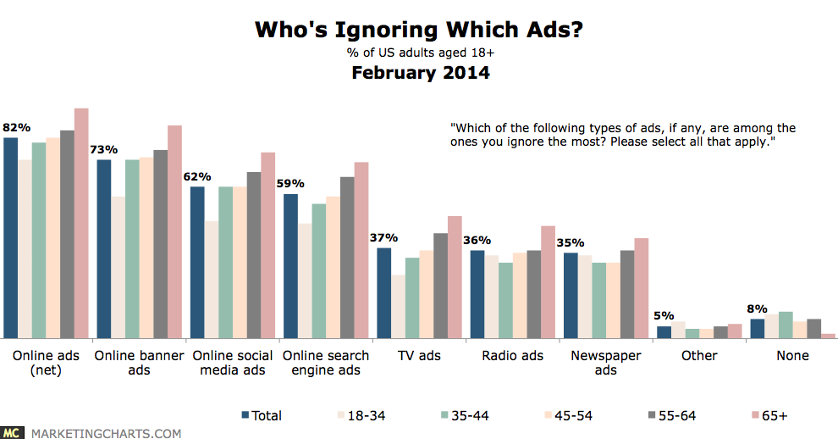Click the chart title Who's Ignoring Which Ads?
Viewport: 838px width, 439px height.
point(419,31)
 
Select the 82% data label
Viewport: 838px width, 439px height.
point(16,127)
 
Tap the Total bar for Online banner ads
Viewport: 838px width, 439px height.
point(104,249)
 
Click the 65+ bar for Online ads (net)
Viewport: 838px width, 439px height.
point(81,224)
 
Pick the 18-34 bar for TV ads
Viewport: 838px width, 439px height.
point(398,307)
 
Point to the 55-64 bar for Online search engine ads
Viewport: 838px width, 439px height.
point(347,258)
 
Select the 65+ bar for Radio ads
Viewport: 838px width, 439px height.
point(548,282)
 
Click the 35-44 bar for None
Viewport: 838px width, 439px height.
point(786,325)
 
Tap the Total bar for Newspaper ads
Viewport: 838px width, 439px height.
point(571,296)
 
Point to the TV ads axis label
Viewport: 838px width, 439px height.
point(418,356)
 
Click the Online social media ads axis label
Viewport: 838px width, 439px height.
point(231,363)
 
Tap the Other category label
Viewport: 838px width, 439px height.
point(699,356)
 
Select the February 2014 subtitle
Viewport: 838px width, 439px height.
point(419,73)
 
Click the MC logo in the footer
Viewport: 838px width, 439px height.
point(13,432)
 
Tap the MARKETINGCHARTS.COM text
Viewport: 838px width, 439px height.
point(106,433)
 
